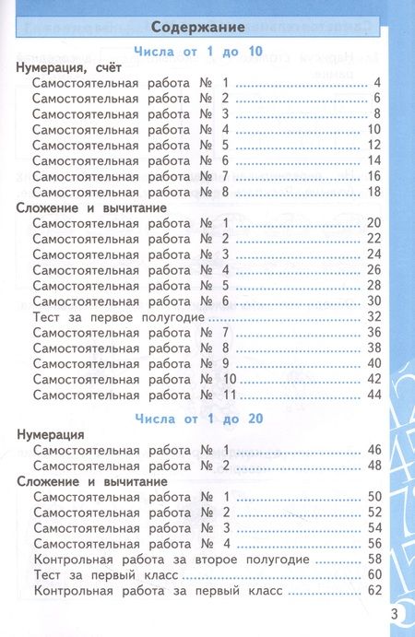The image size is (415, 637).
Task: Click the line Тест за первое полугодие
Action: tap(118, 316)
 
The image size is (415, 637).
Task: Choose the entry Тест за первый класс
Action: tap(102, 575)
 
